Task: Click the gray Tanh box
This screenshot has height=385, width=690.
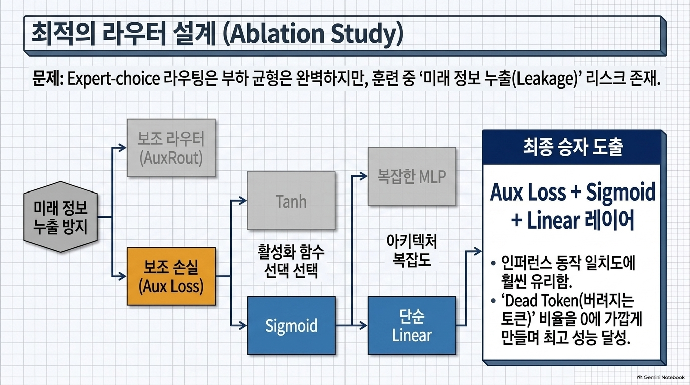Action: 291,201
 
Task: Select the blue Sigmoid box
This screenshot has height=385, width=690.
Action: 291,325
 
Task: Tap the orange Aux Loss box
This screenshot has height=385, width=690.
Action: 171,276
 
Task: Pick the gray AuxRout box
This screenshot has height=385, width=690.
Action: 171,148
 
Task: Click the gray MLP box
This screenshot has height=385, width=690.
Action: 412,176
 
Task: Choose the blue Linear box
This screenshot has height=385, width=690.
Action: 412,325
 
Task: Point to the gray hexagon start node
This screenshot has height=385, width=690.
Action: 61,217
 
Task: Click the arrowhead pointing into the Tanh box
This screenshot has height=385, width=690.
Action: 243,201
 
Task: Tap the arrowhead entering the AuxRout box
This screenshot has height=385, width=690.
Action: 122,148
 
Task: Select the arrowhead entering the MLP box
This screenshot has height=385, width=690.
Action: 364,176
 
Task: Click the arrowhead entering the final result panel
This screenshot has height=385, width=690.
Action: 478,251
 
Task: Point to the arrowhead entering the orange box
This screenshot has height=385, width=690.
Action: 122,276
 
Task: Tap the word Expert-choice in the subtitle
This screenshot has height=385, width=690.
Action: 114,79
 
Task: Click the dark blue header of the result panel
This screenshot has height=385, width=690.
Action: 572,147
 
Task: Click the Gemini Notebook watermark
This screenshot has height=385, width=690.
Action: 661,377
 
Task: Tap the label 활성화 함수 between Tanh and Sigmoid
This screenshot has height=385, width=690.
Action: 291,252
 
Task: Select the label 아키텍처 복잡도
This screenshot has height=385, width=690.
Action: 412,250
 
